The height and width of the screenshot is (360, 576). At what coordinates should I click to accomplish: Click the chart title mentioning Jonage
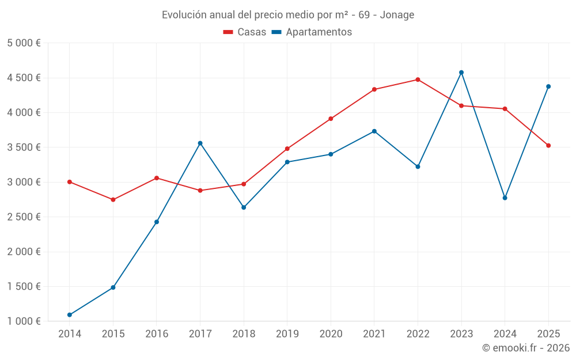coord(287,15)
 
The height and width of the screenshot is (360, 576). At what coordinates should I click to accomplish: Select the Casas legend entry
coord(245,32)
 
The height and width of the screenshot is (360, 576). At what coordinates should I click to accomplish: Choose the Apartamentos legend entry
coord(312,32)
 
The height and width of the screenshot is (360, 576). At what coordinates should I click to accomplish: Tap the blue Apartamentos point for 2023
coord(461,73)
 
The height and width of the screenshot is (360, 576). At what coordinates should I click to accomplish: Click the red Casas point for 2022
coord(418,79)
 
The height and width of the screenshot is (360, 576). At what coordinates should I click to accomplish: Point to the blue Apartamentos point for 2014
coord(70,315)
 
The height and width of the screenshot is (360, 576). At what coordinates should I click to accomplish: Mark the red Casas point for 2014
coord(70,182)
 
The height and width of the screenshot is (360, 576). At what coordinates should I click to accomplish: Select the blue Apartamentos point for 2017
coord(200,143)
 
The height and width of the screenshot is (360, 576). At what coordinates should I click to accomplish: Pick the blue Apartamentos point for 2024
coord(505,198)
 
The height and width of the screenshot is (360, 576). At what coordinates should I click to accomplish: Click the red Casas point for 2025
coord(548,146)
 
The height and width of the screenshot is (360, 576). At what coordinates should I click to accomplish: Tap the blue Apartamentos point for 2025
coord(548,86)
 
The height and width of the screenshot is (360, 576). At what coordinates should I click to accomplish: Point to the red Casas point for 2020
coord(331,119)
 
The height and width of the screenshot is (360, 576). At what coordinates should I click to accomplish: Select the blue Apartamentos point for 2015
coord(113,287)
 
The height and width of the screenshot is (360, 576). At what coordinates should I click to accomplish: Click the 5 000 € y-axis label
coord(24,43)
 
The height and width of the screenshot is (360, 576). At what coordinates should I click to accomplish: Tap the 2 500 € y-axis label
coord(24,217)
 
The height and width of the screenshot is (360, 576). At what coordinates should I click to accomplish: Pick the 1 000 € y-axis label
coord(24,321)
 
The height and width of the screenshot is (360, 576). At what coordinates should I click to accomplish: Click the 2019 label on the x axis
coord(287,334)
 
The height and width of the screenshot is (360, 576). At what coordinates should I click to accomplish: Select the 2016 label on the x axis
coord(157,334)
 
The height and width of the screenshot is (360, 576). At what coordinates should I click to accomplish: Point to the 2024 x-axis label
coord(505,334)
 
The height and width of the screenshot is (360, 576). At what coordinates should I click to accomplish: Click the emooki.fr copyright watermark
coord(525,348)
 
